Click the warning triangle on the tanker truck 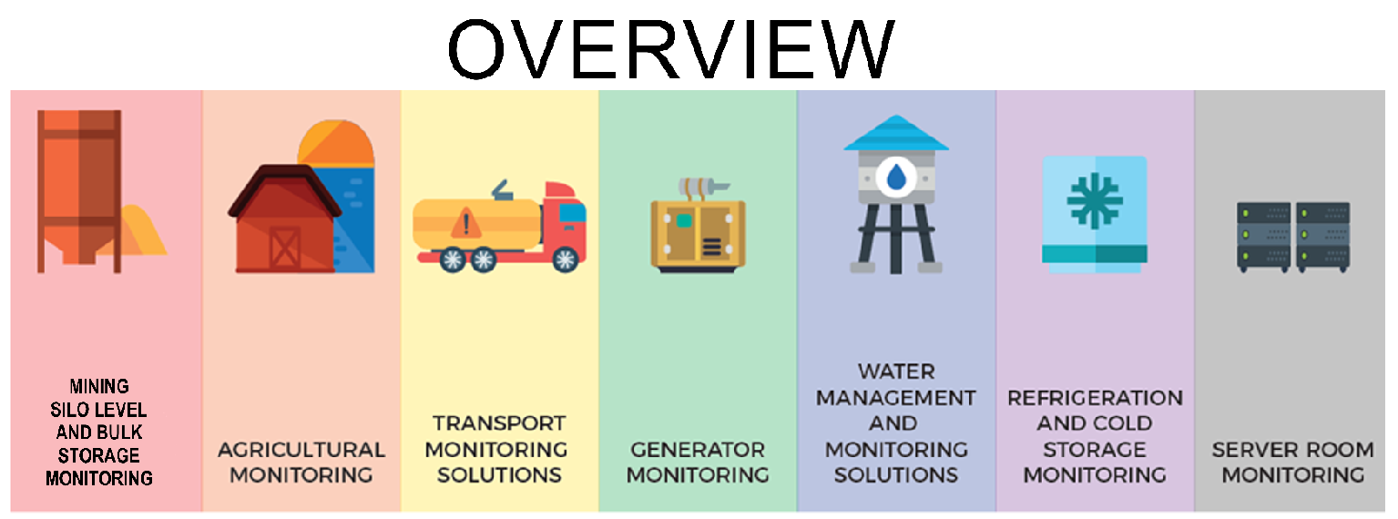tap(465, 221)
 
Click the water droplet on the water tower tap(896, 175)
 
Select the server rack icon tap(1292, 237)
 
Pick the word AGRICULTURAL tap(301, 450)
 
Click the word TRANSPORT tap(498, 423)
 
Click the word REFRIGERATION tap(1095, 398)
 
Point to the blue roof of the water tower tap(896, 135)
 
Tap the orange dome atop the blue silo tap(334, 144)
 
